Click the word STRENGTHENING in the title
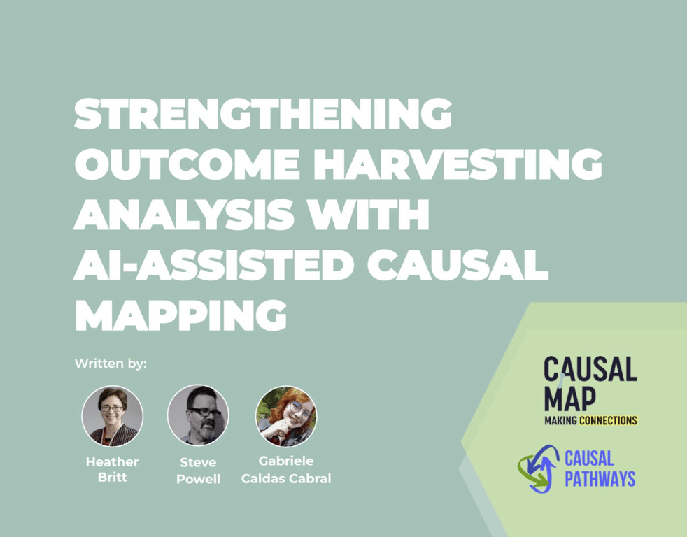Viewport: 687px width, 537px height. click(263, 114)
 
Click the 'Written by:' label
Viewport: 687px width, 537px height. click(111, 364)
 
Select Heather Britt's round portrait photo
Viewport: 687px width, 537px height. click(112, 416)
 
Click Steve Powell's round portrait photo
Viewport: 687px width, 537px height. click(198, 416)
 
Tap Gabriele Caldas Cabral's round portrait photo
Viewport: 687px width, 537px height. click(285, 416)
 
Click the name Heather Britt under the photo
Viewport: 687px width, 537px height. click(112, 470)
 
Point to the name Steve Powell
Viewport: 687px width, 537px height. click(198, 470)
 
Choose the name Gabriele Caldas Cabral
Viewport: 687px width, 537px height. click(285, 470)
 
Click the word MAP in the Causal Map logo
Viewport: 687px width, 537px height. click(570, 399)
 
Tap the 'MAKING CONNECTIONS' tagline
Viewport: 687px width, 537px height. click(591, 421)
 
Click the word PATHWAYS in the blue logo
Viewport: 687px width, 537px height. click(600, 479)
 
